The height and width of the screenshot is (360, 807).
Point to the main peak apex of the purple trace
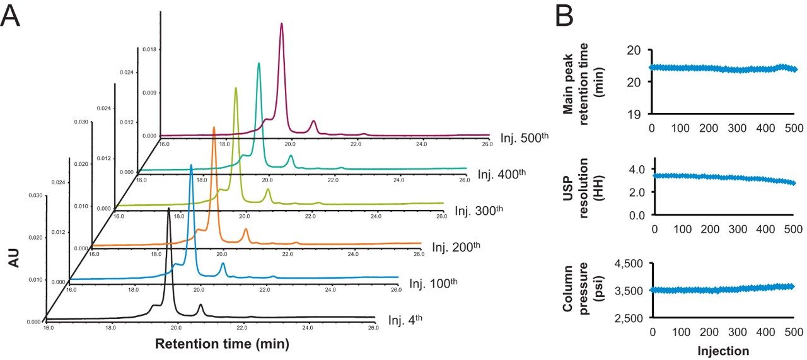pyautogui.click(x=281, y=23)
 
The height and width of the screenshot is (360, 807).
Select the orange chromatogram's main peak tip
pyautogui.click(x=214, y=127)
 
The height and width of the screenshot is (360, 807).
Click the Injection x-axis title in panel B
pyautogui.click(x=723, y=349)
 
